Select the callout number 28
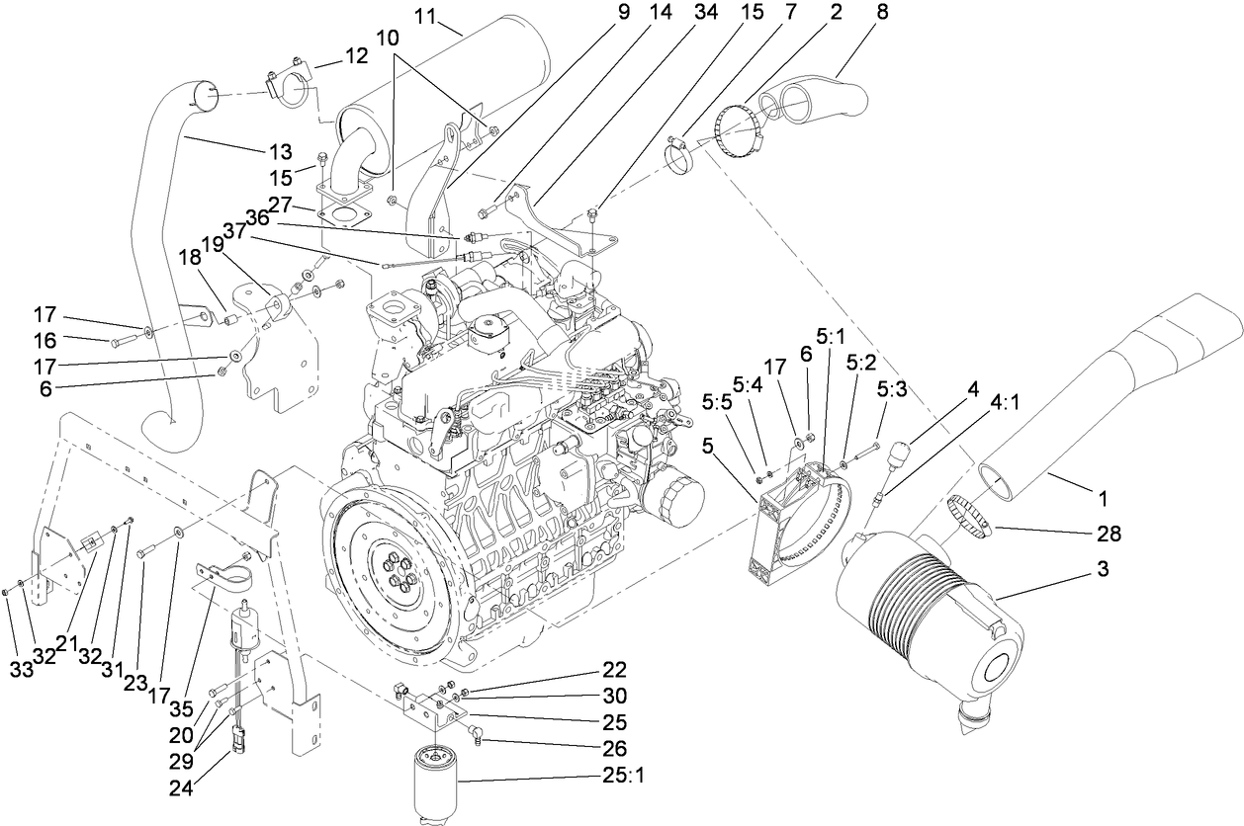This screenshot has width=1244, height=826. point(1110,535)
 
